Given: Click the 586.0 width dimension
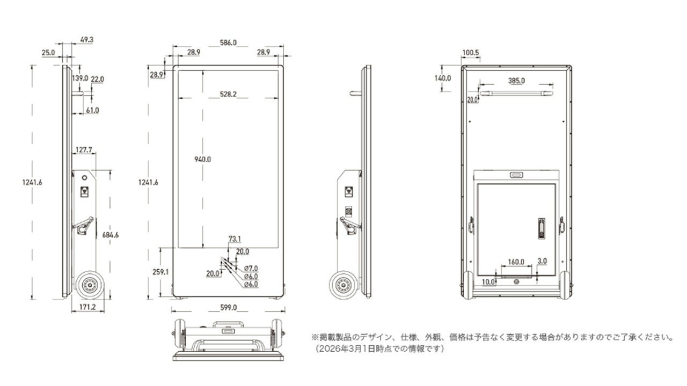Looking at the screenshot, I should click(x=228, y=42).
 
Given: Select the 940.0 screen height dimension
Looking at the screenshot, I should click(x=203, y=159).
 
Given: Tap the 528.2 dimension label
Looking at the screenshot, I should click(x=228, y=94).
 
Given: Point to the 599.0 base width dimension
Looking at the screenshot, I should click(x=228, y=308).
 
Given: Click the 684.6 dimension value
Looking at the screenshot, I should click(x=109, y=234).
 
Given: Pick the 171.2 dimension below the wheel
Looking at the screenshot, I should click(x=87, y=307).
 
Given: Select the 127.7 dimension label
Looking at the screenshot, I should click(x=83, y=150).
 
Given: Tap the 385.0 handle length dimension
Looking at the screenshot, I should click(x=516, y=80).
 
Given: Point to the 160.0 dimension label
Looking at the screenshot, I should click(x=516, y=262).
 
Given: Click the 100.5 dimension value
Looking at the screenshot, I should click(x=470, y=53).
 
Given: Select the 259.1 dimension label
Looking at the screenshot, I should click(x=160, y=272).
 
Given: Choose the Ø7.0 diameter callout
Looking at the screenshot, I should click(x=251, y=268).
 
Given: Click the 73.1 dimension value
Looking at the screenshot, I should click(x=235, y=239).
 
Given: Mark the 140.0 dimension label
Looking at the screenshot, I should click(x=443, y=78).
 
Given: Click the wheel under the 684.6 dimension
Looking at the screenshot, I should click(x=89, y=285).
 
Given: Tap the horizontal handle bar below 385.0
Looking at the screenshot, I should click(x=516, y=93).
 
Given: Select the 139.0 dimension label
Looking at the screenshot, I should click(x=79, y=78).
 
